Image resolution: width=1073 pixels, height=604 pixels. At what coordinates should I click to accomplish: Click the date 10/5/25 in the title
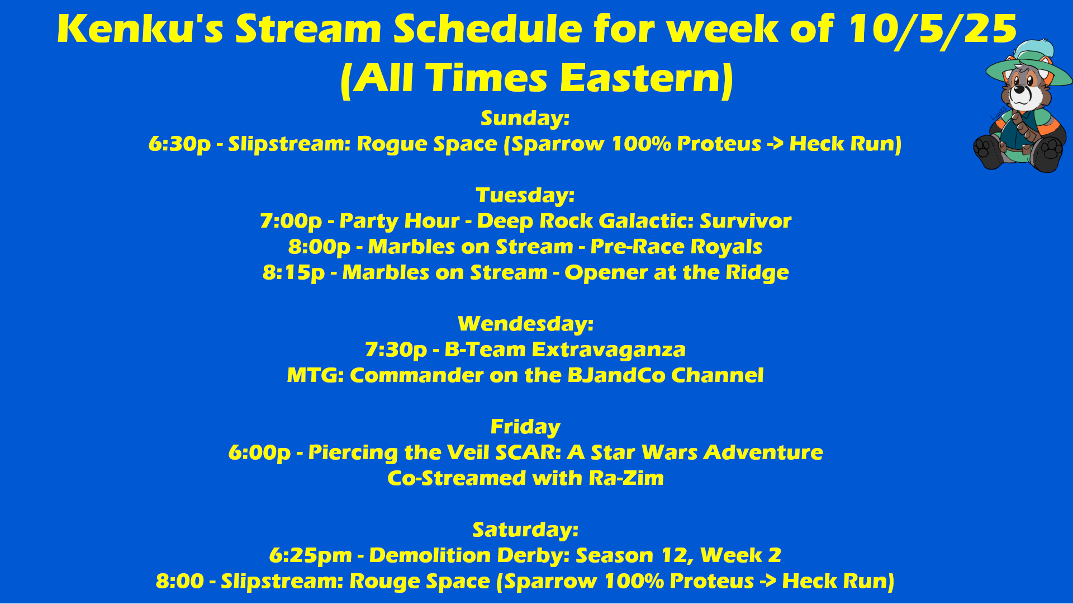[932, 29]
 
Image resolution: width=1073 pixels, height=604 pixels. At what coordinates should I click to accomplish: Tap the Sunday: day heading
[525, 119]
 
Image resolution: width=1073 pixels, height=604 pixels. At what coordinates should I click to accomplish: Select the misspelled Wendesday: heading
[525, 324]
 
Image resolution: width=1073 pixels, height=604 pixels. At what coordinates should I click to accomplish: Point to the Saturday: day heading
[525, 530]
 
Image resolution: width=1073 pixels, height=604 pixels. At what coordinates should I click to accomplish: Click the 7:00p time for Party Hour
[291, 221]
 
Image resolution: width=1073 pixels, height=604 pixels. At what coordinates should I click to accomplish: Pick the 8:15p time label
[293, 273]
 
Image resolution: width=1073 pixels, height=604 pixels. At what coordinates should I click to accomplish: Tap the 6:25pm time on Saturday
[311, 556]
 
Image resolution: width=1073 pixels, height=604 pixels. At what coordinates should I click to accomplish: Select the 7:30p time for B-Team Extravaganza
[396, 350]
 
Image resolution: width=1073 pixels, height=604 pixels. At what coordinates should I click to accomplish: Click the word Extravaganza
[609, 350]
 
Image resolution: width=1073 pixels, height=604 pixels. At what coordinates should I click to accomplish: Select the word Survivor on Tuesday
[746, 221]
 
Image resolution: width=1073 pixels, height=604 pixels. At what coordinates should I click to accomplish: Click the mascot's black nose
[1020, 89]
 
